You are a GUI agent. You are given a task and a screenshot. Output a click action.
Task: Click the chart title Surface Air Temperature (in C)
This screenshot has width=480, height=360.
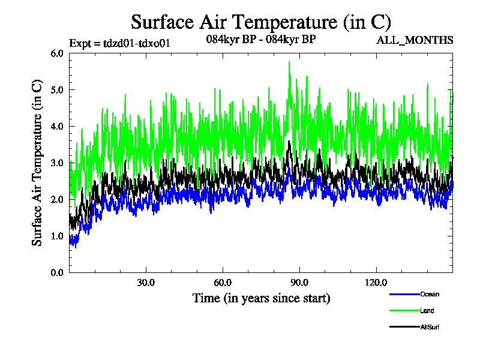(x=261, y=22)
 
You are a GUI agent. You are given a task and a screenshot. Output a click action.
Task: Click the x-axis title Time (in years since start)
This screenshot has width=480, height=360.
(x=261, y=298)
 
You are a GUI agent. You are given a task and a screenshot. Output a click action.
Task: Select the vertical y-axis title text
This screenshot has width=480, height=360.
(x=37, y=163)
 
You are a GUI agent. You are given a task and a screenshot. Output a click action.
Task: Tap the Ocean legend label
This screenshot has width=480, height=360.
(x=430, y=295)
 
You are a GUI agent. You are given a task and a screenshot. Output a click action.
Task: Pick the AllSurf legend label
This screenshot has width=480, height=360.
(x=431, y=327)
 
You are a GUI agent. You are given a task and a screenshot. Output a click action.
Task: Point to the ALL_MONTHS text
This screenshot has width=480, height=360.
(x=415, y=40)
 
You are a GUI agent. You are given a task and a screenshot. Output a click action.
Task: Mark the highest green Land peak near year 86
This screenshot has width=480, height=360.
(x=289, y=62)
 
